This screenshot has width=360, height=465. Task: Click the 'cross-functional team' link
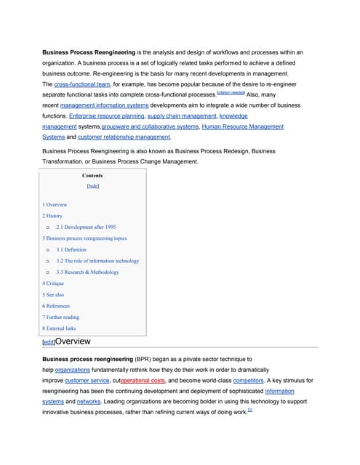click(x=82, y=84)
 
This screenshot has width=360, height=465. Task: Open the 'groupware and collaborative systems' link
click(x=150, y=126)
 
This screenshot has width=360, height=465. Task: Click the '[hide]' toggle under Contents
click(x=92, y=186)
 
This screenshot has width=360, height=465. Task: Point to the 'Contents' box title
click(x=92, y=175)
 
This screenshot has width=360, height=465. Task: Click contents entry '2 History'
click(x=52, y=216)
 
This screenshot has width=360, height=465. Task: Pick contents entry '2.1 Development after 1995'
click(x=86, y=227)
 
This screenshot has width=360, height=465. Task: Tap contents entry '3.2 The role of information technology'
click(x=97, y=260)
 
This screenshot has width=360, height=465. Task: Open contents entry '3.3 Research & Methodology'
click(x=87, y=272)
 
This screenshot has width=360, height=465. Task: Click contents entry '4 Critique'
click(x=54, y=283)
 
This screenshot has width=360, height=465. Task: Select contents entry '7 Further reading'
click(x=61, y=317)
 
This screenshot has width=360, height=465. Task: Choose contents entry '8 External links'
click(x=59, y=328)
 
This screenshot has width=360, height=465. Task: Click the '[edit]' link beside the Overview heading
click(x=49, y=341)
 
